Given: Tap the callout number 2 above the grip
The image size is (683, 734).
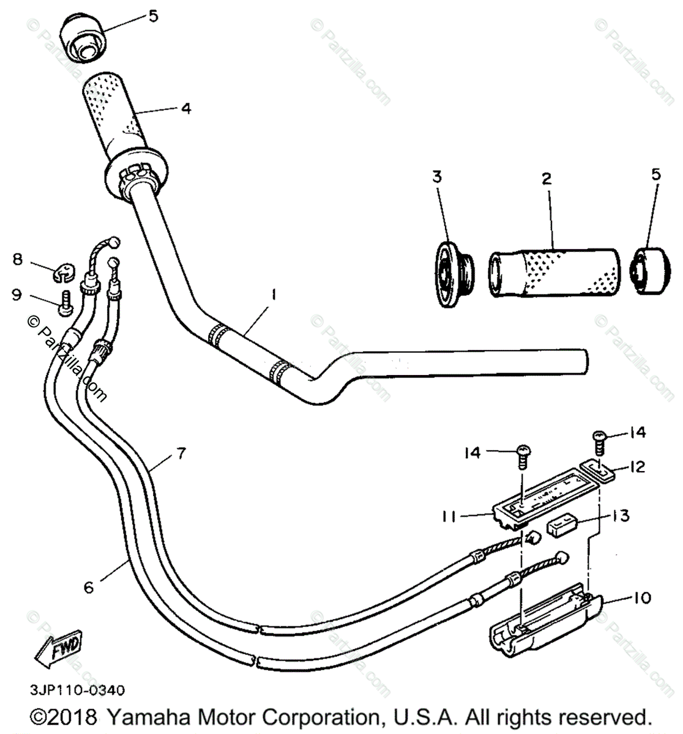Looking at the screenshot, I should click(x=547, y=179).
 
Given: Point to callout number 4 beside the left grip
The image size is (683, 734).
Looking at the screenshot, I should click(x=185, y=108).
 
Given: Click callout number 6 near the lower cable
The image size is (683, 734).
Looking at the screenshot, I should click(x=89, y=587).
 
